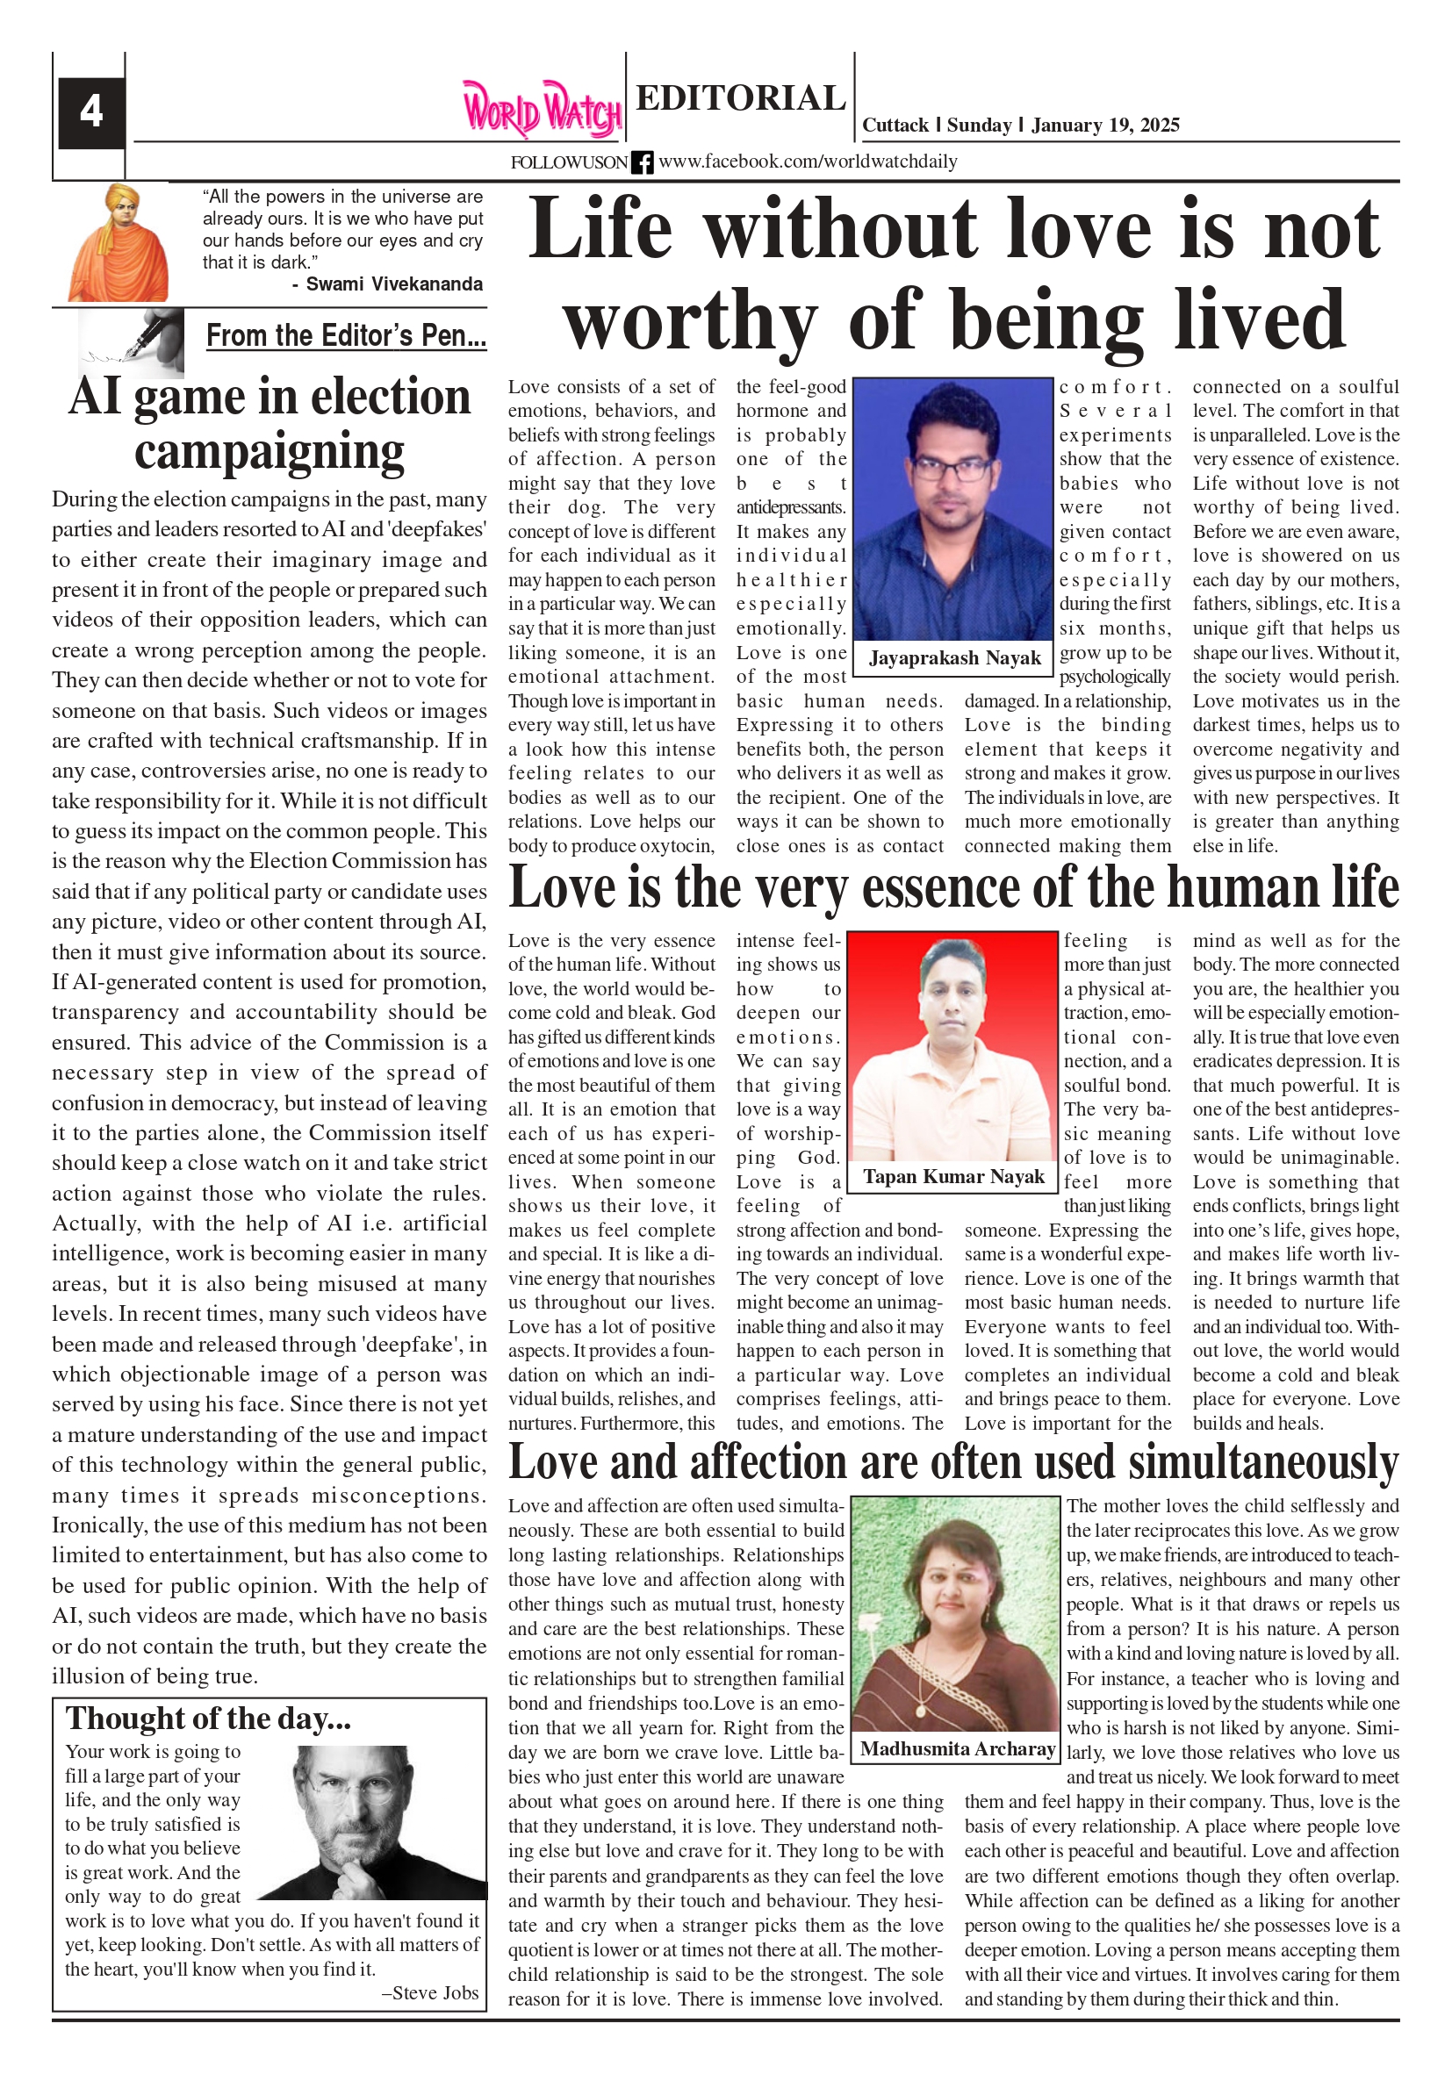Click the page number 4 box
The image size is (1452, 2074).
90,112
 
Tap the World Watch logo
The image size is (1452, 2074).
543,111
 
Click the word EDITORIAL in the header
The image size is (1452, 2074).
740,97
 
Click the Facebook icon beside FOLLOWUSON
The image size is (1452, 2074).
642,162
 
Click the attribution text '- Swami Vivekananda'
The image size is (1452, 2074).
387,284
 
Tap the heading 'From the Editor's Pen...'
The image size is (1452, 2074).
346,336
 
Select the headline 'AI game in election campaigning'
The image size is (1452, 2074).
270,424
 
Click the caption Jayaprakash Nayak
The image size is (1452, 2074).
954,657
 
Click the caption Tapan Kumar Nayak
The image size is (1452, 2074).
953,1176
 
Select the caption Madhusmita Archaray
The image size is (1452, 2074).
958,1747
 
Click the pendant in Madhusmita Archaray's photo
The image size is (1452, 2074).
921,1710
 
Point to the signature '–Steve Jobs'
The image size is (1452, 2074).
430,1992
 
